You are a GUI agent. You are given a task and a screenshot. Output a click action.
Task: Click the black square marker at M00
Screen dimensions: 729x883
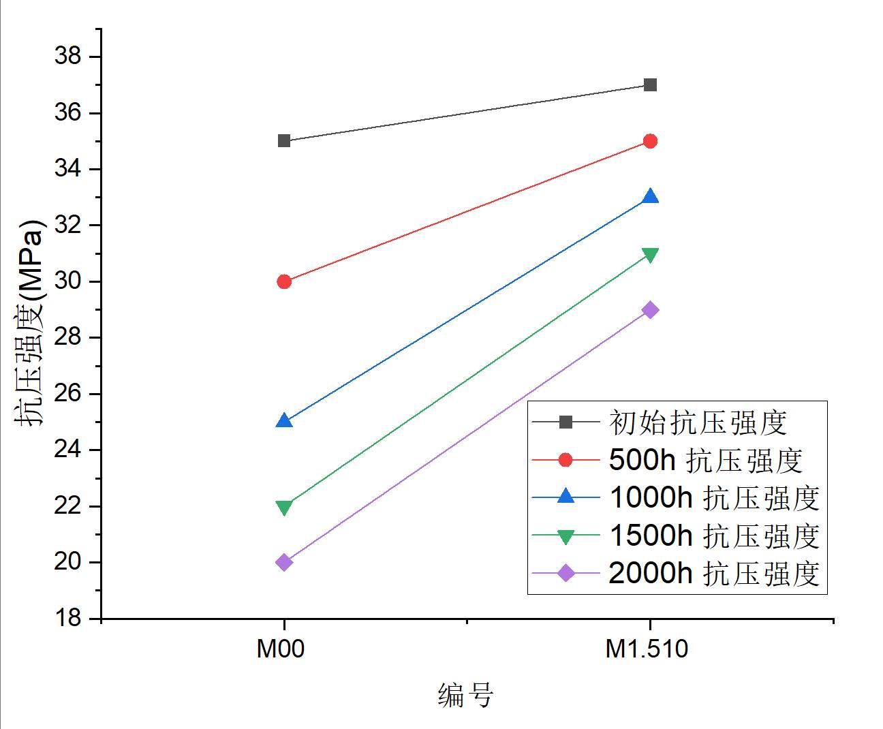[x=284, y=141]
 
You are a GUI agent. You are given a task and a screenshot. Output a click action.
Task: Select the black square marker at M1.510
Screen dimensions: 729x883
[x=650, y=85]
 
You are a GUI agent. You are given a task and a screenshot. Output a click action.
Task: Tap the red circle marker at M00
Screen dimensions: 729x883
[x=284, y=281]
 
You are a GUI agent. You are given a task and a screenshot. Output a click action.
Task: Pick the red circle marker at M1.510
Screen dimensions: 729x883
[x=650, y=141]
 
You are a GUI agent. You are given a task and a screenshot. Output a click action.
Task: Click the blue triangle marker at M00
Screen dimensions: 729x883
[x=284, y=421]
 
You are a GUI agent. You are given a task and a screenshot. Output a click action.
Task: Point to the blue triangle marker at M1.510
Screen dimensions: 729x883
[x=650, y=197]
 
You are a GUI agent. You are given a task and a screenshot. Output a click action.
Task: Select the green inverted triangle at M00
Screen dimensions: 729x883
[x=284, y=508]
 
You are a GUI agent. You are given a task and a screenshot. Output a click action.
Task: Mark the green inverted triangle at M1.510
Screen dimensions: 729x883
[x=650, y=255]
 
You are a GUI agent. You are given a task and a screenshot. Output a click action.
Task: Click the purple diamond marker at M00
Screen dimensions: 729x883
[x=284, y=562]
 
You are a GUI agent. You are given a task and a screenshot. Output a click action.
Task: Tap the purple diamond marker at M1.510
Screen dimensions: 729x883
[x=650, y=310]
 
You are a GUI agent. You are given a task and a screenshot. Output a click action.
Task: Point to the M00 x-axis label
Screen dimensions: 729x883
[x=280, y=649]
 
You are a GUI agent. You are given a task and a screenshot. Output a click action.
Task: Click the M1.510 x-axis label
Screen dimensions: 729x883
[x=647, y=649]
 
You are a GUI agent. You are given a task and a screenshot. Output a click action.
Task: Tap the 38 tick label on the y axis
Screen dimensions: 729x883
[x=67, y=57]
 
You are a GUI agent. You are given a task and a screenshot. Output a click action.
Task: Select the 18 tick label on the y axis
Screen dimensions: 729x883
[x=67, y=619]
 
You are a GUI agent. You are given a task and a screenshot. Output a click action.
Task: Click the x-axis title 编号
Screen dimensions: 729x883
[x=465, y=696]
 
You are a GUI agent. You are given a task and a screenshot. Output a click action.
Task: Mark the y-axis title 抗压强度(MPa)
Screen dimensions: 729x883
[x=30, y=322]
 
